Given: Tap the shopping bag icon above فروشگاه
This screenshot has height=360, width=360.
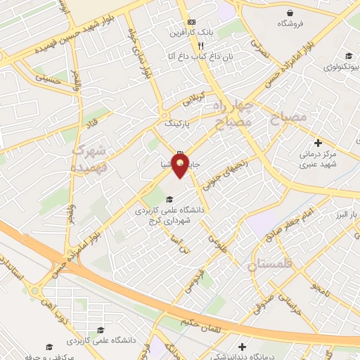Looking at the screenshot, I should (x=290, y=12).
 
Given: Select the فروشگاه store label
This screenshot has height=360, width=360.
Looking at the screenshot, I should (x=290, y=23).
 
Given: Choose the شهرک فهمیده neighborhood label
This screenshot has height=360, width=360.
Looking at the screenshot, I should (x=89, y=160).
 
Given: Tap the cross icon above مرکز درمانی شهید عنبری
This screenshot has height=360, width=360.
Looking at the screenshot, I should (x=319, y=143).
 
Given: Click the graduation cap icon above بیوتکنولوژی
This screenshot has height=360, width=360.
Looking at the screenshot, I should (x=347, y=56).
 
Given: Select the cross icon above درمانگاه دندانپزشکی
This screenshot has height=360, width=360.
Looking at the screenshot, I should (x=242, y=346).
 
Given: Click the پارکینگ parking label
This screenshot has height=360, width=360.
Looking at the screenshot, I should (x=177, y=123).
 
